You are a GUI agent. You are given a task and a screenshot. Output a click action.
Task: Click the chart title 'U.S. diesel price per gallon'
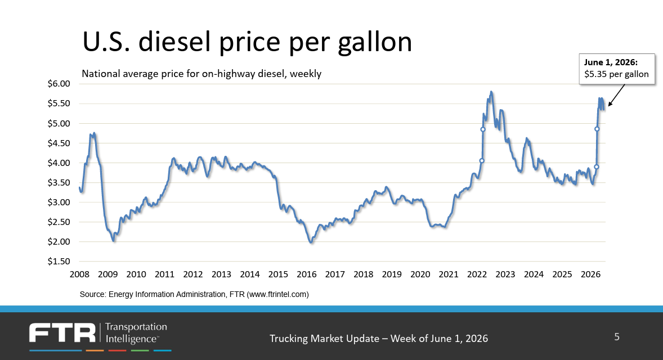pos(247,42)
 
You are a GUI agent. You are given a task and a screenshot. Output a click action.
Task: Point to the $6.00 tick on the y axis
pos(59,84)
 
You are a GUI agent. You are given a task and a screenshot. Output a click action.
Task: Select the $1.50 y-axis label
pos(59,262)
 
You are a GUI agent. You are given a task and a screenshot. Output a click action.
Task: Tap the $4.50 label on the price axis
pos(59,143)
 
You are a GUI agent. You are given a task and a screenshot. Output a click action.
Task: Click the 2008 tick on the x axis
pos(79,274)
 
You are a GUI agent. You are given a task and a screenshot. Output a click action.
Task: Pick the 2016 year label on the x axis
pos(307,274)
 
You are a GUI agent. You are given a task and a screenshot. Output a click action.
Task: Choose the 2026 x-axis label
pos(591,274)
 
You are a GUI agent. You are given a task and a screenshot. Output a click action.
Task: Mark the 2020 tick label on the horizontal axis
pos(420,274)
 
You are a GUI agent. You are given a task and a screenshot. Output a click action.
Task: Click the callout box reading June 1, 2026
pos(617,69)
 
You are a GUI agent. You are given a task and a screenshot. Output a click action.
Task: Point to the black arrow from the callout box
pos(616,95)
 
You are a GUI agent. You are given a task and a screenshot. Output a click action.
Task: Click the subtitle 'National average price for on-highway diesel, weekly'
pos(201,74)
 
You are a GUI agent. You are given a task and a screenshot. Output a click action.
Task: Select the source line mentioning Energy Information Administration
pos(194,295)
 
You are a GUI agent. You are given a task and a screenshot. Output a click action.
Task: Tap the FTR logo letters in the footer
pos(62,333)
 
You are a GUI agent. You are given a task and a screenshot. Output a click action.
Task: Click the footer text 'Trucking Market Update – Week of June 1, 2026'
pos(379,339)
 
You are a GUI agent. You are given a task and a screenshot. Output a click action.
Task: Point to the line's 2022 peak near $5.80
pos(491,92)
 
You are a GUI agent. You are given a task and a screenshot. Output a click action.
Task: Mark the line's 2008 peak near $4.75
pos(95,133)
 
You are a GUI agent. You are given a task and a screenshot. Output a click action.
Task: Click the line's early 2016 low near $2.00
pos(312,242)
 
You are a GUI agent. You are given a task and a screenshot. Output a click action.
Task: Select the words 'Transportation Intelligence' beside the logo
pos(136,333)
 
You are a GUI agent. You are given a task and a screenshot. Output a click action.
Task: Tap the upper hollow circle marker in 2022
pos(483,129)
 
